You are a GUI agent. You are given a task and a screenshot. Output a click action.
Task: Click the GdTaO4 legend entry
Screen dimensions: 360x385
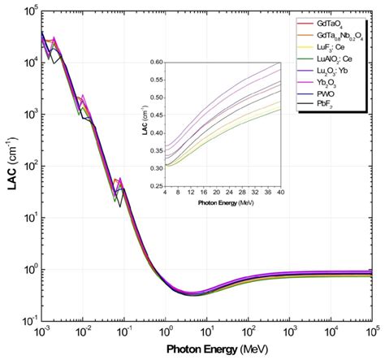[331, 24]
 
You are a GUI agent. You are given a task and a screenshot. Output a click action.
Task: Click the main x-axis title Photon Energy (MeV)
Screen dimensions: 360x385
[205, 349]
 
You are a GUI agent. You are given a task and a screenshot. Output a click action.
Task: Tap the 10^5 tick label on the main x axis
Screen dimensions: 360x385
[372, 334]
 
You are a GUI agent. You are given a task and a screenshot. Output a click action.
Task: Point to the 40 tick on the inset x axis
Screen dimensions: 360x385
[280, 194]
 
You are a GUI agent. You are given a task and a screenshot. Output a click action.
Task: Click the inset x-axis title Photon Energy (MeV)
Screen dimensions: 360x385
[223, 203]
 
